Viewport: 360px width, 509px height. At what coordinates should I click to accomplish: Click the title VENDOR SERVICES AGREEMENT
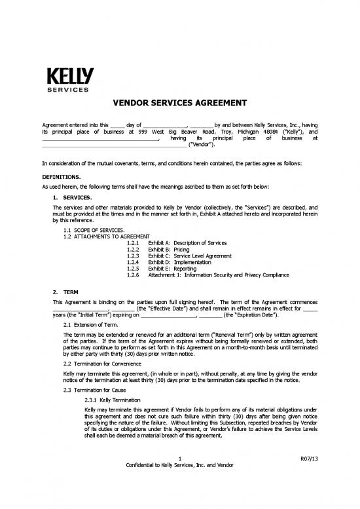pos(180,103)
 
